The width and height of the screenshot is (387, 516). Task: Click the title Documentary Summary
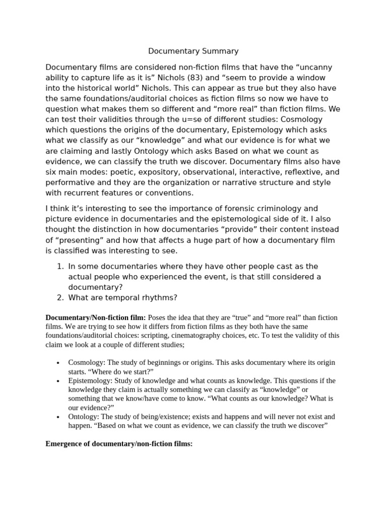tap(193, 51)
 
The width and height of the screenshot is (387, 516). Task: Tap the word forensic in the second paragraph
tap(221, 209)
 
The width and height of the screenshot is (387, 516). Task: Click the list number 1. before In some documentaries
tap(60, 266)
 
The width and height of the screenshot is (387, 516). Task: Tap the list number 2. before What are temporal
tap(60, 297)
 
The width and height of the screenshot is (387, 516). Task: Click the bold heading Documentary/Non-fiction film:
tap(96, 317)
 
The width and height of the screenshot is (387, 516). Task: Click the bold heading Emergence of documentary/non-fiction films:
tap(119, 444)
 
